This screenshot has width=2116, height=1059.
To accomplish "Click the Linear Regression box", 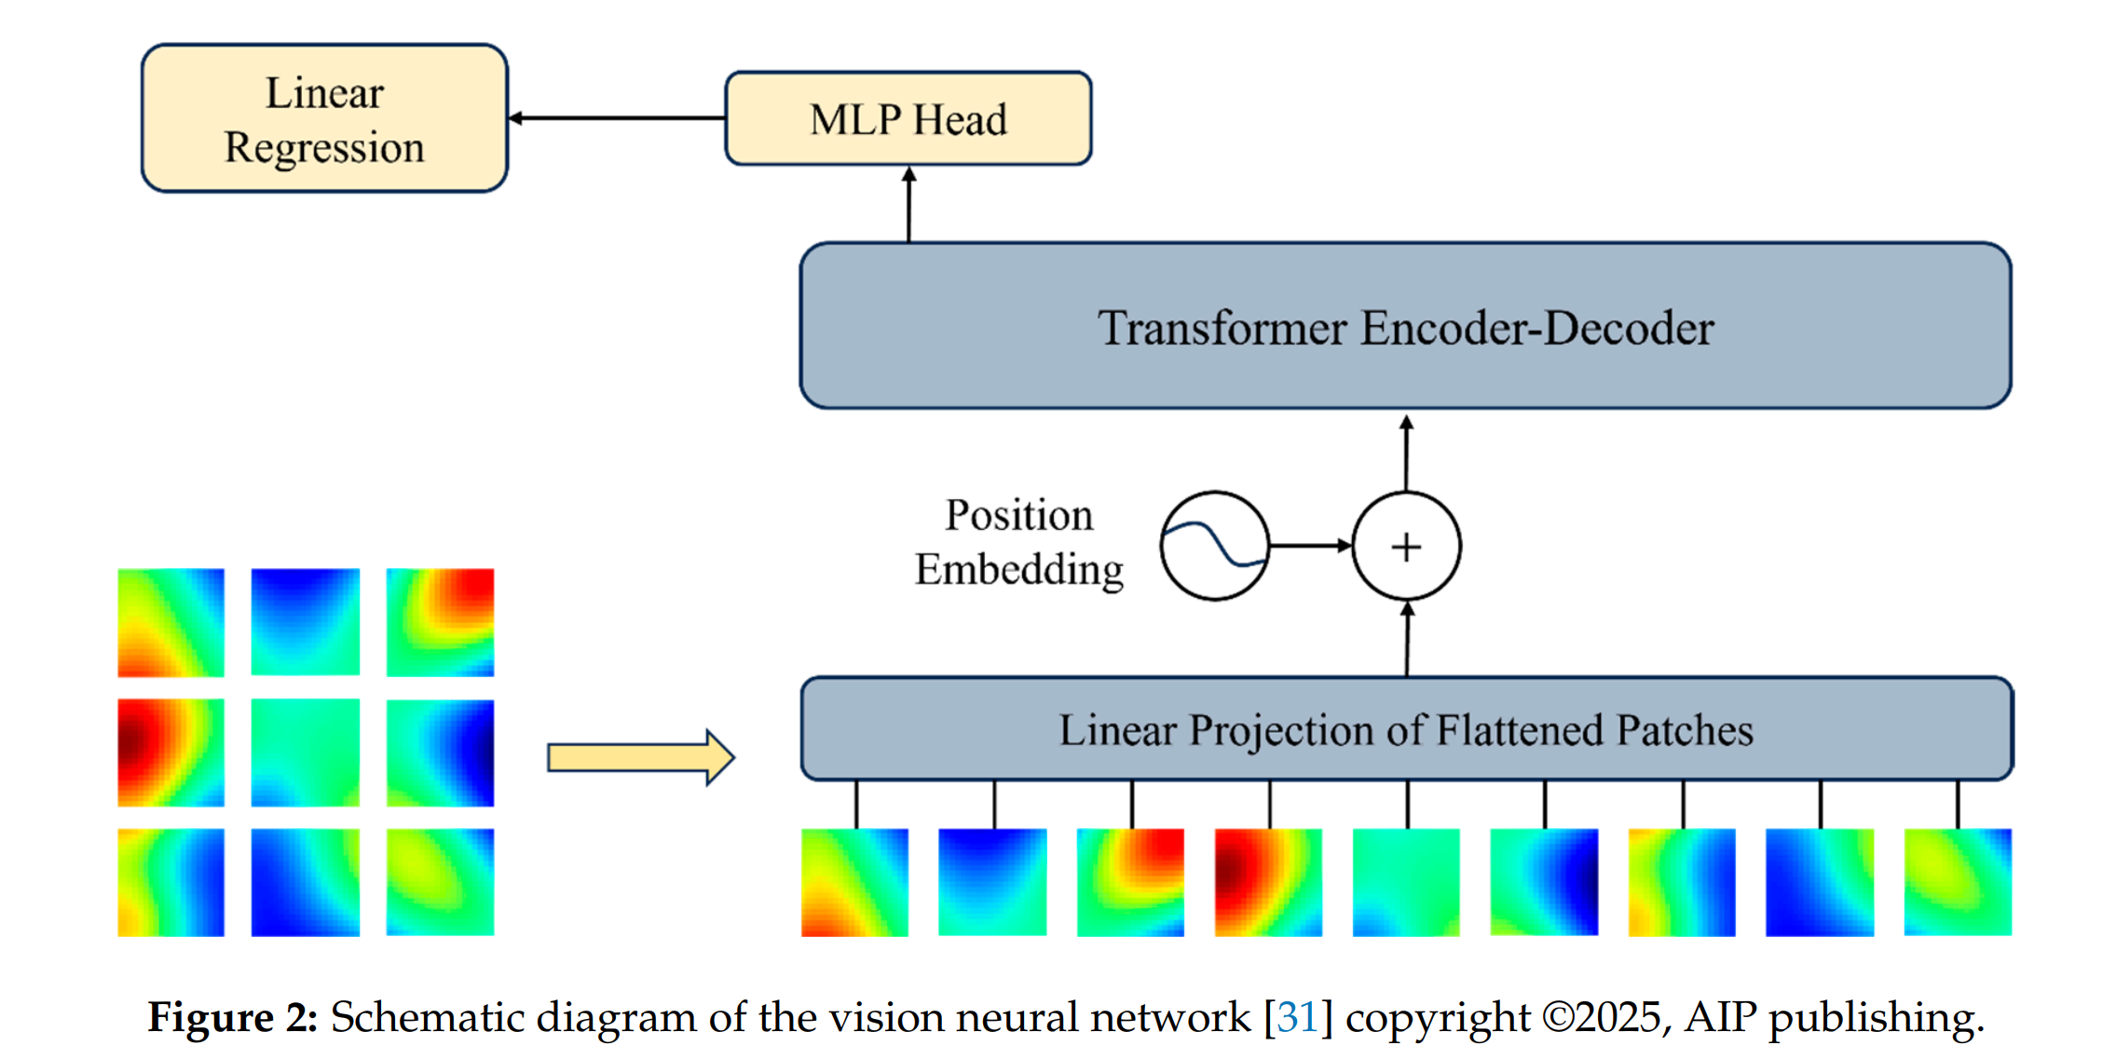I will (x=324, y=119).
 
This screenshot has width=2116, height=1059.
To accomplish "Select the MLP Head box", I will (x=908, y=119).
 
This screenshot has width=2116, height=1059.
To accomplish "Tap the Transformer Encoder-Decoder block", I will (x=1405, y=326).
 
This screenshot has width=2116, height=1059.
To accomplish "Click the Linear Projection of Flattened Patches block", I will (x=1405, y=729).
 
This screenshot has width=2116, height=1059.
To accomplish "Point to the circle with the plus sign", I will (x=1406, y=546).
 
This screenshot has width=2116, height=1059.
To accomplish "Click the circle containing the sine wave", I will (x=1214, y=546).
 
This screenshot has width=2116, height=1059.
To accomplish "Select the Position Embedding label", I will (x=1018, y=542).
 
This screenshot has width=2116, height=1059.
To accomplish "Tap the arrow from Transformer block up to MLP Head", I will (x=909, y=204).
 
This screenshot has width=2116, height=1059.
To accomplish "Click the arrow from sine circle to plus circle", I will (x=1310, y=546).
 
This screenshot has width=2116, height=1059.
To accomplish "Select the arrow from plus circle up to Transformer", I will (x=1406, y=454).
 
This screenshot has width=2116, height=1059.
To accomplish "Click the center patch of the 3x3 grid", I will (x=306, y=753).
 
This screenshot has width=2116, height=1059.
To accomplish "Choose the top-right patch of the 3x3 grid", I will (x=440, y=622).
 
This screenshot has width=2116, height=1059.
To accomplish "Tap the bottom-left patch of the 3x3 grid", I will (x=171, y=882).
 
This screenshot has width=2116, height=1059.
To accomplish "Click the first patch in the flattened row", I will (x=854, y=882).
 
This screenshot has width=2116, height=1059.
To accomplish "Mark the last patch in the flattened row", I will (x=1958, y=882).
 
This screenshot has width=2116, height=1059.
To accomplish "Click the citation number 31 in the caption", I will (x=1297, y=1017).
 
